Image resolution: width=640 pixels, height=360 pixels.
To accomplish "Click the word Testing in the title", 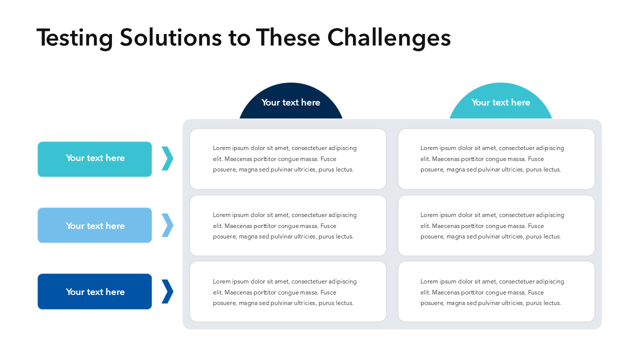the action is [x=74, y=38].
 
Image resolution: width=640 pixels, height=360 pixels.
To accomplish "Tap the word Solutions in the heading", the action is [x=170, y=37].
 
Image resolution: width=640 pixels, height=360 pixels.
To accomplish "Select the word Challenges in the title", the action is [x=389, y=38].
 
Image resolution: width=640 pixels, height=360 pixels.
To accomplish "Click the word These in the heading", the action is [x=287, y=37].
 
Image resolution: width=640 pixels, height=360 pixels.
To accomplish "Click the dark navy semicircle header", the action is [x=291, y=101].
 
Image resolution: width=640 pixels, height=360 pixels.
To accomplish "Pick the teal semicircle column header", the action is [x=500, y=101].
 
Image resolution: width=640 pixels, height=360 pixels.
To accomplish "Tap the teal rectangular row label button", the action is [x=94, y=159].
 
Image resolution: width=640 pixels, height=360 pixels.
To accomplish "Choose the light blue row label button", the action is [x=94, y=225].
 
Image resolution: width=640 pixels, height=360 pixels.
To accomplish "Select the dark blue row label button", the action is [x=94, y=291].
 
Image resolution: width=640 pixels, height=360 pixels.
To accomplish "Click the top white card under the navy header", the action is [x=288, y=159].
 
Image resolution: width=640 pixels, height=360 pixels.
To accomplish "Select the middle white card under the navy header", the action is [x=288, y=225].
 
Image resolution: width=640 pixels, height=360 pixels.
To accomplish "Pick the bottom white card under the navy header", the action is [x=288, y=291].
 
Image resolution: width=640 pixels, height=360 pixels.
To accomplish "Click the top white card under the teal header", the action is [x=496, y=159].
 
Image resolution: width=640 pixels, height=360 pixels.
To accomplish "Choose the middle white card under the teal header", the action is [x=496, y=225].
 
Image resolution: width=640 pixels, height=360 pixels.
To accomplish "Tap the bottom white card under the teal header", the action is [x=496, y=291].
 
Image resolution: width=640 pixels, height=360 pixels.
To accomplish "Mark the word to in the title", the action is [x=239, y=38].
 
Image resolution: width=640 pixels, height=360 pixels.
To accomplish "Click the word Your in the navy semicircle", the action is [x=270, y=102].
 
